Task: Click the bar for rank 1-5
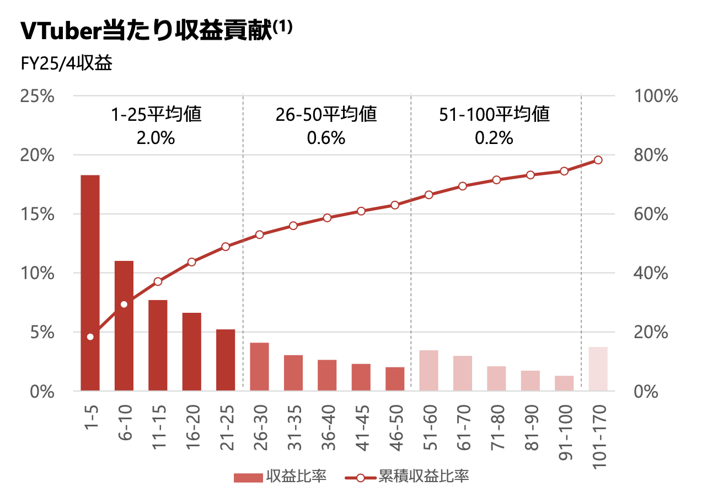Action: [90, 282]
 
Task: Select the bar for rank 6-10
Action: [124, 325]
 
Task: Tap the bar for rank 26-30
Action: [259, 367]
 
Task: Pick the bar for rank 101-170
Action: [598, 369]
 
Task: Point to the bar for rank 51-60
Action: [429, 370]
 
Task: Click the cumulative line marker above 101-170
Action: [598, 160]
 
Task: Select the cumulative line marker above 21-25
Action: [226, 247]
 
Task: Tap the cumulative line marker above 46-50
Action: [395, 205]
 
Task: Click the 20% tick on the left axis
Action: [37, 155]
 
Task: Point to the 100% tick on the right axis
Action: [656, 96]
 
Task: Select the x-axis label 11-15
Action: [158, 426]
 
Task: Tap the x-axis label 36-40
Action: [327, 426]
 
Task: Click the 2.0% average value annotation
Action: [156, 137]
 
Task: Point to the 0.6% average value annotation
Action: [326, 137]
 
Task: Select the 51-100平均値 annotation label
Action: [495, 115]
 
